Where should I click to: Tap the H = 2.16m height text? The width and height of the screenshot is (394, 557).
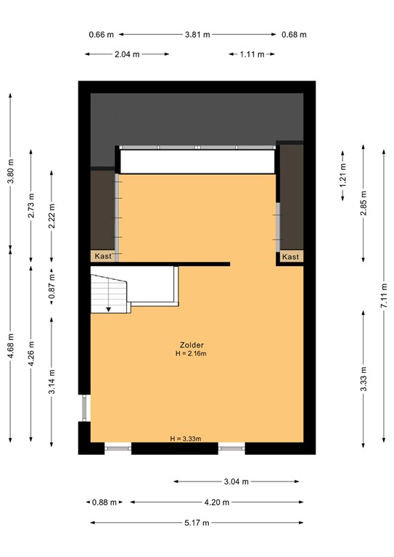click(x=191, y=354)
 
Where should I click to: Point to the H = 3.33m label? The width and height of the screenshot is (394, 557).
click(x=185, y=439)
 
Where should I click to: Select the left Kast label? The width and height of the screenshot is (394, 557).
click(x=102, y=256)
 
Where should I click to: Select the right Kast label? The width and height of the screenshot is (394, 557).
click(x=290, y=257)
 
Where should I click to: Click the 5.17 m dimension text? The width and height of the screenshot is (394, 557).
click(x=196, y=522)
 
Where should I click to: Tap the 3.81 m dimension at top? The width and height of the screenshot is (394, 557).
click(x=197, y=34)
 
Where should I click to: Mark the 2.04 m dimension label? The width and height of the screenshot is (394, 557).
click(x=127, y=54)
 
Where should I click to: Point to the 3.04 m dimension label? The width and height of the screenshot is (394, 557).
click(x=237, y=482)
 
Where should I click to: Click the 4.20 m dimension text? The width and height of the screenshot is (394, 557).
click(x=217, y=502)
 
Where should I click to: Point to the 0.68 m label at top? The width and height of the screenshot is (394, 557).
click(x=294, y=34)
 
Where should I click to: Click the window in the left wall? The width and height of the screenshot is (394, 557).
click(x=86, y=408)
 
